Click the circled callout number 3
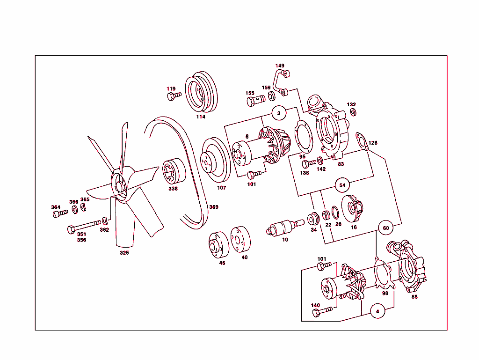279,113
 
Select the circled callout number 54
342,185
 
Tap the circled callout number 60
385,228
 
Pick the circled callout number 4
377,310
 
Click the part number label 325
124,253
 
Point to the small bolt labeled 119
174,96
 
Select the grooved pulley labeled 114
201,93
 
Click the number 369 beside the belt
213,207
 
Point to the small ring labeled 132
353,112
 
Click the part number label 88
414,296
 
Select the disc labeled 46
218,245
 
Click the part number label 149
280,66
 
